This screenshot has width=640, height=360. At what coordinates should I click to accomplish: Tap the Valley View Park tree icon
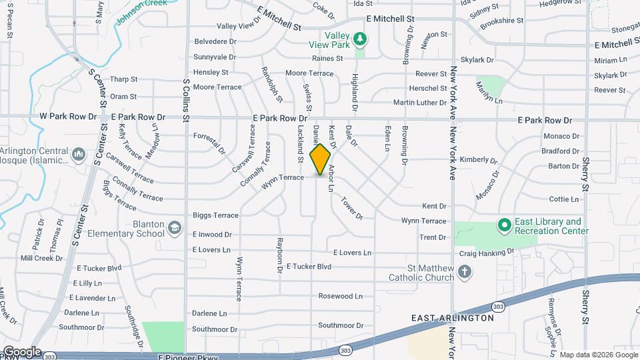pyautogui.click(x=360, y=39)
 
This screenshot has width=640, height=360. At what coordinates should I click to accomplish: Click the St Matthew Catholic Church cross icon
pyautogui.click(x=465, y=271)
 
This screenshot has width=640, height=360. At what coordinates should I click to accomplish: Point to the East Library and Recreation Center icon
pyautogui.click(x=504, y=225)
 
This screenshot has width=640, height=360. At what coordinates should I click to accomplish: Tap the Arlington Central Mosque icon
pyautogui.click(x=79, y=155)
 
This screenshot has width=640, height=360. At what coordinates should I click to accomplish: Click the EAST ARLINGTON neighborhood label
pyautogui.click(x=453, y=318)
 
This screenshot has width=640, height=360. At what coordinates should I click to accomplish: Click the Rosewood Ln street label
pyautogui.click(x=340, y=296)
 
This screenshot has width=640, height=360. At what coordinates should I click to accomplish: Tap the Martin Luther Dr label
pyautogui.click(x=419, y=103)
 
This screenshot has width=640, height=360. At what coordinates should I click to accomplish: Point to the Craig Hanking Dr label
pyautogui.click(x=487, y=253)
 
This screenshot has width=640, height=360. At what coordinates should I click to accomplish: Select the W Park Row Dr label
pyautogui.click(x=69, y=116)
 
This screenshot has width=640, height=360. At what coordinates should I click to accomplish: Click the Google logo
pyautogui.click(x=21, y=351)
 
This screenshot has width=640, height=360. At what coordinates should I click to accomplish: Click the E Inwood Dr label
pyautogui.click(x=212, y=235)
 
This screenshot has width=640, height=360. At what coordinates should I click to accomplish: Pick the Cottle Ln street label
pyautogui.click(x=563, y=199)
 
